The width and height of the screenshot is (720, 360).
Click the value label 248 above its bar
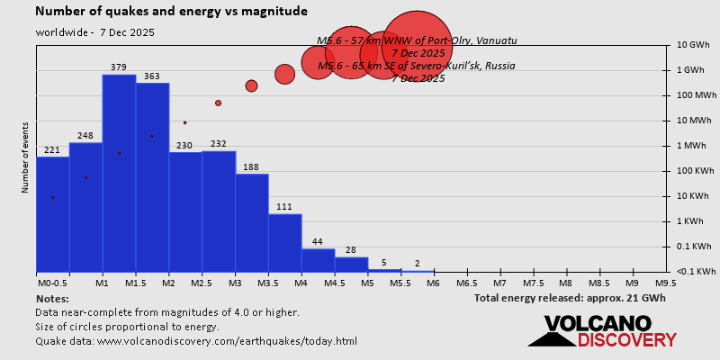(85, 136)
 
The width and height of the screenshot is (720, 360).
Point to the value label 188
(251, 166)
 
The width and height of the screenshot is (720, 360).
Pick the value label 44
(317, 242)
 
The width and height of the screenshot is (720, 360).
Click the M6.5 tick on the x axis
(467, 283)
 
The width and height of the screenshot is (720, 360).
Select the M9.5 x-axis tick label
(666, 283)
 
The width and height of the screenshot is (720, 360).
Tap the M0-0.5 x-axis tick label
(51, 283)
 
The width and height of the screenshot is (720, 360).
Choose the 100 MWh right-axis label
(696, 95)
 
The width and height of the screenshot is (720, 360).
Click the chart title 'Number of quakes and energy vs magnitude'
(171, 12)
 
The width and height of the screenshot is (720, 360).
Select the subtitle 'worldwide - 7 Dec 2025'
(95, 32)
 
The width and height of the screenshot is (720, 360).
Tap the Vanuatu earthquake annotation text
(417, 40)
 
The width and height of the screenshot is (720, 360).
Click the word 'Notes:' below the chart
(52, 298)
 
